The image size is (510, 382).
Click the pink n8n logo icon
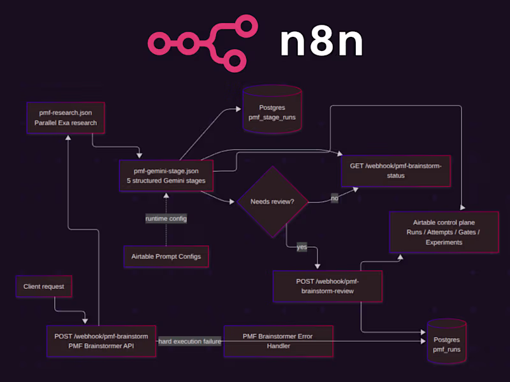point(203,43)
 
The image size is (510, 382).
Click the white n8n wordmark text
point(321,43)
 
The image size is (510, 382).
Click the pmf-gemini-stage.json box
point(166,175)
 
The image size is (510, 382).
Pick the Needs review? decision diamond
point(272,202)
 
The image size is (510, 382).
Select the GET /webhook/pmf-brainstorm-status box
point(396,171)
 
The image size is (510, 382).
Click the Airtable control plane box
point(444,232)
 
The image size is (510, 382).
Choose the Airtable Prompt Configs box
point(166,256)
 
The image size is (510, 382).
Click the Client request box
point(44,286)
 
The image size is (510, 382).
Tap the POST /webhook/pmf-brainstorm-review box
point(328,286)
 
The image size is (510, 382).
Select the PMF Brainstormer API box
point(102,341)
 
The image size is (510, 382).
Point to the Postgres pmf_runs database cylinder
point(446,344)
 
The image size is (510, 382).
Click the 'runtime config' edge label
point(166,218)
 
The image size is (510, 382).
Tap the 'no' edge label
point(334,199)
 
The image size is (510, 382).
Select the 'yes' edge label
point(302,246)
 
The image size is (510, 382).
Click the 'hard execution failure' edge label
point(190,341)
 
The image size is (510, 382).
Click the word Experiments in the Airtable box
point(444,242)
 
